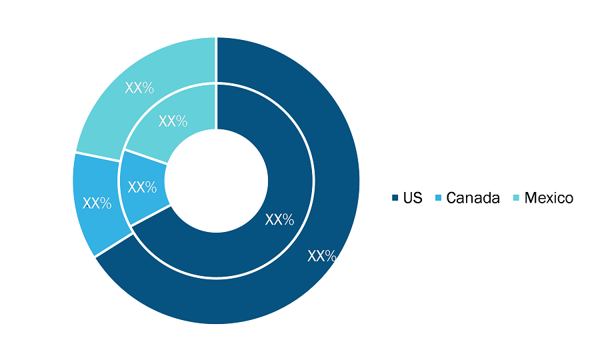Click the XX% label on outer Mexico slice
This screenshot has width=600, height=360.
pyautogui.click(x=139, y=88)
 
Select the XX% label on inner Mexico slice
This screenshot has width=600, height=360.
pyautogui.click(x=173, y=121)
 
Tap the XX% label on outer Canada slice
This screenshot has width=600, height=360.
pyautogui.click(x=97, y=203)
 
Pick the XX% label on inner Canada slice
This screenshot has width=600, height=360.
pyautogui.click(x=142, y=187)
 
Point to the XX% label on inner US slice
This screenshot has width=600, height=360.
pyautogui.click(x=280, y=219)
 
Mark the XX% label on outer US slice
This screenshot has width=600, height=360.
pyautogui.click(x=322, y=256)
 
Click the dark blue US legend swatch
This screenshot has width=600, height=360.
pyautogui.click(x=395, y=198)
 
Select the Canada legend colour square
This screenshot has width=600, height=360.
pyautogui.click(x=438, y=198)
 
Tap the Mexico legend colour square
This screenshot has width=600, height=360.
pyautogui.click(x=516, y=198)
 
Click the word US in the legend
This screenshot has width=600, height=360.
pyautogui.click(x=413, y=198)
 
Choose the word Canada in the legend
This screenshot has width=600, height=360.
pyautogui.click(x=473, y=198)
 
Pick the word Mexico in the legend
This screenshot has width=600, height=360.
pyautogui.click(x=549, y=198)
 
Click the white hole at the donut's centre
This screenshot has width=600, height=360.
pyautogui.click(x=216, y=181)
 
